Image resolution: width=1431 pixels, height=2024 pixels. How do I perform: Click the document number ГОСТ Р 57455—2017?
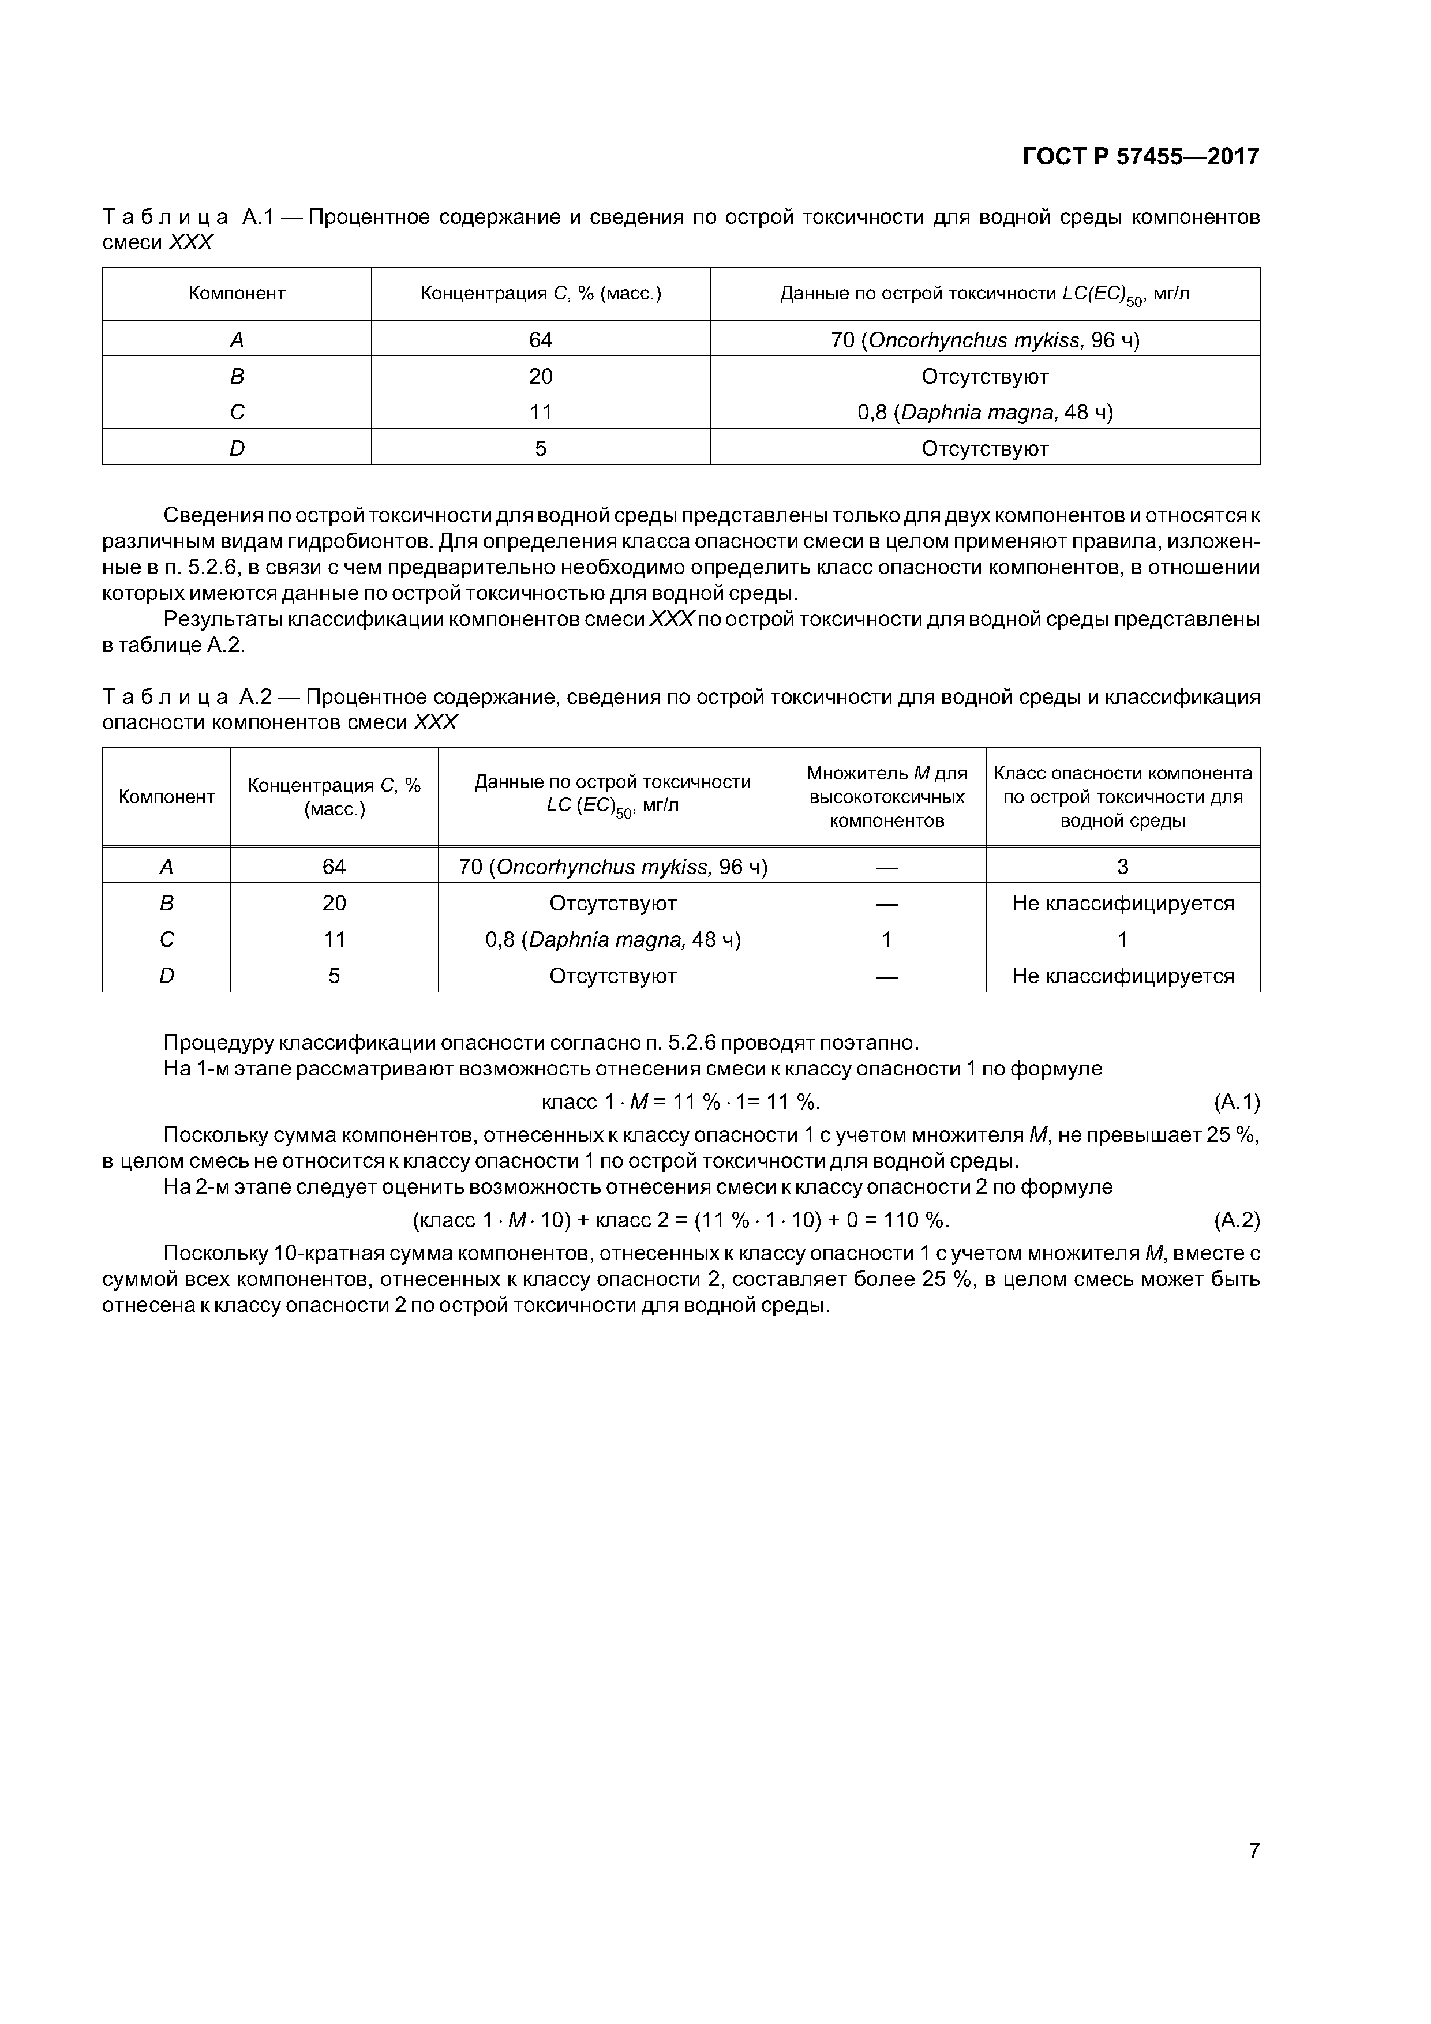pos(1140,157)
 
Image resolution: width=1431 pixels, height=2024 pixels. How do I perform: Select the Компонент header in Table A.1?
pos(237,294)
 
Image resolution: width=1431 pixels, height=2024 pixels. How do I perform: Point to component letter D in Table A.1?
pos(237,449)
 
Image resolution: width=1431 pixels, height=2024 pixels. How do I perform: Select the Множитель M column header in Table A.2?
pos(886,797)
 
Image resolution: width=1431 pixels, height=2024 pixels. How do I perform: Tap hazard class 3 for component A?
pos(1122,867)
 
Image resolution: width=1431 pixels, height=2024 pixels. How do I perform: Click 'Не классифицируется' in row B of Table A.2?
pos(1122,904)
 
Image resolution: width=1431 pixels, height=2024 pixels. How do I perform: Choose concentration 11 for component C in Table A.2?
pos(334,940)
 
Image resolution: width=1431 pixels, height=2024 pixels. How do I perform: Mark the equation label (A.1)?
pos(1236,1102)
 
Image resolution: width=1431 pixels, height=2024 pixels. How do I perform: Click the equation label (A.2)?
pos(1236,1220)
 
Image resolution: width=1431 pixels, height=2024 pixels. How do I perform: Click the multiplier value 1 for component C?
pos(886,940)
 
